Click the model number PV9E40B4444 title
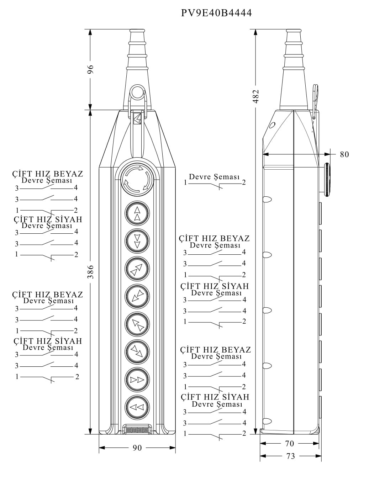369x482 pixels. (216, 13)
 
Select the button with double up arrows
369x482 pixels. (137, 213)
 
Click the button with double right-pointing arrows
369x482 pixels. (137, 379)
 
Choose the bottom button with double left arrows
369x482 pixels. (137, 407)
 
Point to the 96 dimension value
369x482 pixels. (90, 69)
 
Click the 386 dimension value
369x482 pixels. (90, 271)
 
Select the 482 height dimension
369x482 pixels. (256, 96)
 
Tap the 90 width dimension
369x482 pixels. (137, 448)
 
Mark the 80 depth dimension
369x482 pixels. (344, 154)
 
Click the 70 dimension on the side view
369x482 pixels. (290, 444)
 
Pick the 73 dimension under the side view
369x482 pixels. (290, 456)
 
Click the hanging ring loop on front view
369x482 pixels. (137, 92)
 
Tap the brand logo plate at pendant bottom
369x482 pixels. (137, 430)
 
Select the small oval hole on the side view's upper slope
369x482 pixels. (273, 125)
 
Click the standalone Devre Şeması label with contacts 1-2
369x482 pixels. (214, 177)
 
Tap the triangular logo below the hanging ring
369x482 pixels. (137, 118)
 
